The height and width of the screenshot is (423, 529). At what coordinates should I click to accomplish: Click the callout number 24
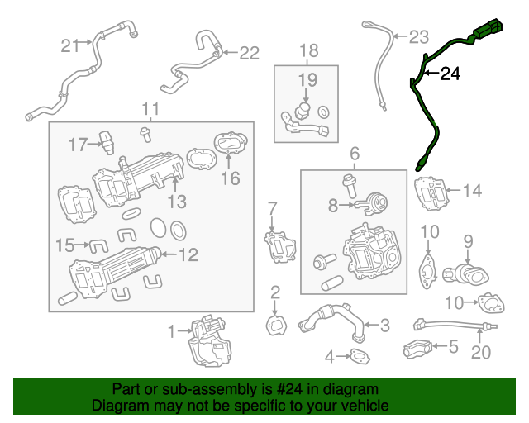450,75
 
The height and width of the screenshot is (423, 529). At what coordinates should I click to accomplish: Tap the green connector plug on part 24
486,31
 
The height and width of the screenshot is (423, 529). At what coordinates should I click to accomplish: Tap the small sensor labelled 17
106,140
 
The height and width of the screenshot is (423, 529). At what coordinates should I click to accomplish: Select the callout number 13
177,201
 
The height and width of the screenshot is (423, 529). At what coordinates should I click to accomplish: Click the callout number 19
307,80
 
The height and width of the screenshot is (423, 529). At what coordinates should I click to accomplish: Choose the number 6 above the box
355,154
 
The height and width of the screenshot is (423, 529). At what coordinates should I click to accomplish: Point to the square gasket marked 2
276,325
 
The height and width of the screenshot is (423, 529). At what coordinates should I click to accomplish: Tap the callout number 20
480,353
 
